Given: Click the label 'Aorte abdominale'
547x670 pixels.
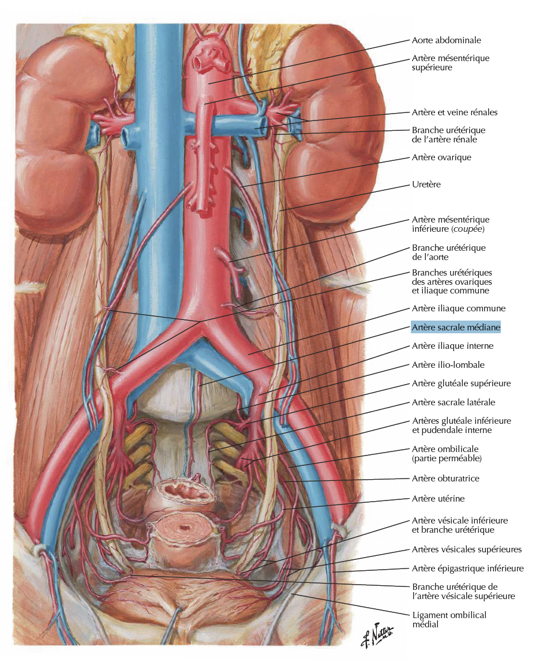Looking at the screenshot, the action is (446, 40).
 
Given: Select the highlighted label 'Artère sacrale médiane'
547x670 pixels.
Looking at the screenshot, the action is (455, 328).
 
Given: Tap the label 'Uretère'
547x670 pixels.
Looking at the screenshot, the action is (426, 185).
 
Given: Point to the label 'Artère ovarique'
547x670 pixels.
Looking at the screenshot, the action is (441, 157).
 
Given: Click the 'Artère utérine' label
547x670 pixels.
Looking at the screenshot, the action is (438, 498).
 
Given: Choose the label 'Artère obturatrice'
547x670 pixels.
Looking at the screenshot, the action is (445, 478).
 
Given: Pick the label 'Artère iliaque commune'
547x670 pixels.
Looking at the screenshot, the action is (459, 308).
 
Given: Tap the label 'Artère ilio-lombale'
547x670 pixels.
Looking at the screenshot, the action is (448, 364).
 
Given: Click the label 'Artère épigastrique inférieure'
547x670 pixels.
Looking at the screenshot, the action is (467, 569).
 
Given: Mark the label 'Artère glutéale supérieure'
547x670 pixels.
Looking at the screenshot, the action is (461, 383).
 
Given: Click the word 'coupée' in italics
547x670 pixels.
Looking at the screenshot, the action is (468, 229).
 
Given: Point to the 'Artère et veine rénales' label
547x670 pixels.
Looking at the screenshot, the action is (455, 112).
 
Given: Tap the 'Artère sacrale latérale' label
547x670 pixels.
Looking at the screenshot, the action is (454, 402).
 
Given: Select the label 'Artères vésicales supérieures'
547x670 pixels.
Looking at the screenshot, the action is (467, 549).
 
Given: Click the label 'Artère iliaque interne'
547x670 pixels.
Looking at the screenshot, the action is (452, 346).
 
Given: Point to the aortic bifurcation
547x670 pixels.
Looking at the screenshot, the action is (200, 321).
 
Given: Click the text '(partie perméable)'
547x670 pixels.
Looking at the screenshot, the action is (447, 458).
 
